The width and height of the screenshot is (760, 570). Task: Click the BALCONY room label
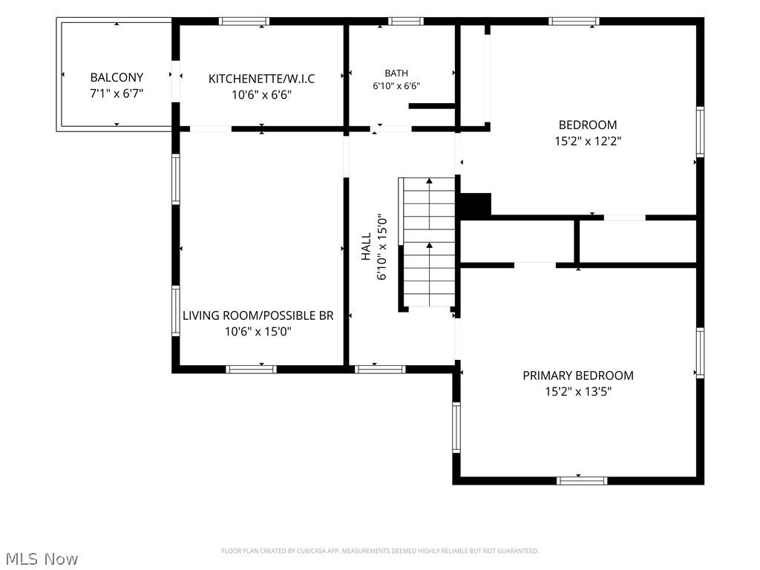[117, 77]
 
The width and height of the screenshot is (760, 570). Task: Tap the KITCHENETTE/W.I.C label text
[262, 79]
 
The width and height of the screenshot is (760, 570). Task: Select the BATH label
[396, 73]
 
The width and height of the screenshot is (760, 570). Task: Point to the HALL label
[366, 246]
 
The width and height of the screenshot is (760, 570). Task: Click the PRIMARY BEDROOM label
[578, 376]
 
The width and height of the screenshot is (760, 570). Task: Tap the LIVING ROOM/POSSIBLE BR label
[258, 315]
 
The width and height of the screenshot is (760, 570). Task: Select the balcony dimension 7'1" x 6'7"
[117, 94]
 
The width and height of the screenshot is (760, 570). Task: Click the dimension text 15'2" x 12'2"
[588, 141]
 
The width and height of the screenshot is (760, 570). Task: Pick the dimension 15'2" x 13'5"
[578, 392]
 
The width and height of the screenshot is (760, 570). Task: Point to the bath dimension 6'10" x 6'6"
[396, 86]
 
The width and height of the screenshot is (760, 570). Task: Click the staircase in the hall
[427, 243]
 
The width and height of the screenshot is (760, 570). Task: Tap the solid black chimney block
[476, 205]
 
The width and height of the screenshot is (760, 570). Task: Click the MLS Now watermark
[42, 559]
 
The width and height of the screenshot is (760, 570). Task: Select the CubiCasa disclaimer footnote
[380, 551]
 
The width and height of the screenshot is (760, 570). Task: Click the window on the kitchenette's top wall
[243, 22]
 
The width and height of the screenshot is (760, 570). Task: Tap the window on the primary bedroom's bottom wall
[582, 481]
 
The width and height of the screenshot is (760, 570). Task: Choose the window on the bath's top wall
[406, 22]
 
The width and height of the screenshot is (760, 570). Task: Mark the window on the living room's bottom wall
[251, 370]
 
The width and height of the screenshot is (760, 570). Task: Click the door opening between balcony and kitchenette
[176, 82]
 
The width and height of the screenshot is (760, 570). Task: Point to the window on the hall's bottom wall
[380, 370]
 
